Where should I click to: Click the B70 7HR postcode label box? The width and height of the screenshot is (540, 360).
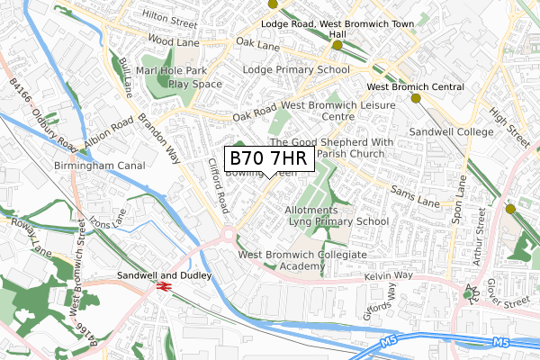pyautogui.click(x=268, y=158)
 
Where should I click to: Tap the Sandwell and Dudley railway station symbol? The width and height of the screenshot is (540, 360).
pyautogui.click(x=164, y=285)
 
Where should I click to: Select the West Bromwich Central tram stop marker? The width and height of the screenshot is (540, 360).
pyautogui.click(x=415, y=98)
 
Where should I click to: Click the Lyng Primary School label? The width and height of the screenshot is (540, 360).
pyautogui.click(x=346, y=220)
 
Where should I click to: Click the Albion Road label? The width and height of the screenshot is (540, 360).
pyautogui.click(x=110, y=133)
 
